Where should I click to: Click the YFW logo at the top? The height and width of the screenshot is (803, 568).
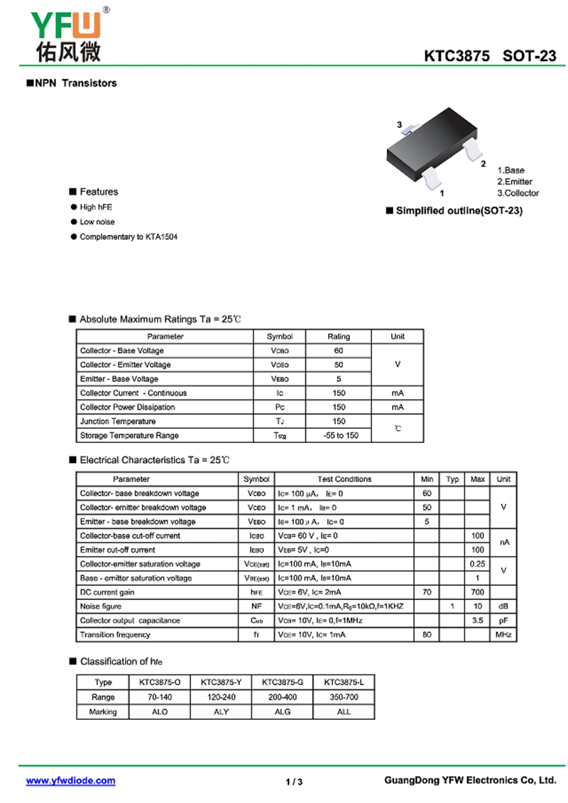(66, 34)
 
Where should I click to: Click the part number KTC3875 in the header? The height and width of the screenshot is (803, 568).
(457, 57)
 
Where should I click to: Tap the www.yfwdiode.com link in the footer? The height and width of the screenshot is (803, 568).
(70, 781)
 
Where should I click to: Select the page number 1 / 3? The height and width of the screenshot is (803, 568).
(294, 782)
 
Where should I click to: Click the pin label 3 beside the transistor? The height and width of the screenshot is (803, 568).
(400, 126)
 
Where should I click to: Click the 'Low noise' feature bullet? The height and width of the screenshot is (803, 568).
(97, 222)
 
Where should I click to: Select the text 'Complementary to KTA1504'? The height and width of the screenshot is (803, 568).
(129, 236)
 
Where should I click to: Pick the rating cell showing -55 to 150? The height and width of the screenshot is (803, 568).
(339, 435)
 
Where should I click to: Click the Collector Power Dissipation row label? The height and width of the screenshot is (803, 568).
(127, 407)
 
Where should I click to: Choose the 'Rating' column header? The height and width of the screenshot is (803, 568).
(339, 337)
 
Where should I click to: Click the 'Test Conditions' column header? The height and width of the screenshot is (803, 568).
(344, 479)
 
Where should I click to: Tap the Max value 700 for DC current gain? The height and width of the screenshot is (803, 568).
(478, 592)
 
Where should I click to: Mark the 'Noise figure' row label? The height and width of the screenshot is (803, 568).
(101, 606)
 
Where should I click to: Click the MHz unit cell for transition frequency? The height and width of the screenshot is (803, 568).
(503, 635)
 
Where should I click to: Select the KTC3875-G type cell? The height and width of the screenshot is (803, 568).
(283, 682)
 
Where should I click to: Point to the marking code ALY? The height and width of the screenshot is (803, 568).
(222, 711)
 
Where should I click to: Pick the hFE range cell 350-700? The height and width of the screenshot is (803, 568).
(344, 697)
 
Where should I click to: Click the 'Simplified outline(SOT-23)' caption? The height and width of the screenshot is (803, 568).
(459, 211)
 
